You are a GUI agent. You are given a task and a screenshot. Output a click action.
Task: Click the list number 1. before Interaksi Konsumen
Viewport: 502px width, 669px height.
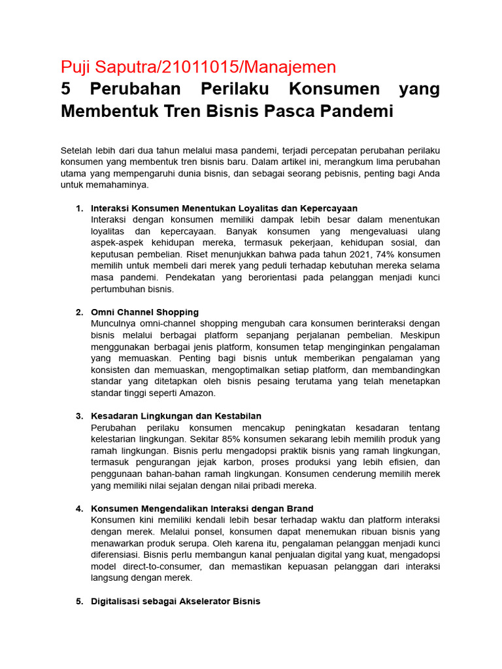pyautogui.click(x=79, y=208)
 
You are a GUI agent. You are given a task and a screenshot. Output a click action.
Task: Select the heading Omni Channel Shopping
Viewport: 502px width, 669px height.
pyautogui.click(x=144, y=312)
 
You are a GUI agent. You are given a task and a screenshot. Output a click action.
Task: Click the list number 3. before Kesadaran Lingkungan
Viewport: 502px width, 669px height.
pyautogui.click(x=79, y=416)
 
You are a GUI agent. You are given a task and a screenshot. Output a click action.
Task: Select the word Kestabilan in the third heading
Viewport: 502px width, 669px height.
pyautogui.click(x=238, y=416)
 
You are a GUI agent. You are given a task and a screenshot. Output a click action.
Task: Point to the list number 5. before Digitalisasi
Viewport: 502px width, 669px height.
pyautogui.click(x=79, y=601)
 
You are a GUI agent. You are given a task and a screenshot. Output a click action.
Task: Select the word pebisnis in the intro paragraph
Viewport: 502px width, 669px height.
pyautogui.click(x=324, y=173)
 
